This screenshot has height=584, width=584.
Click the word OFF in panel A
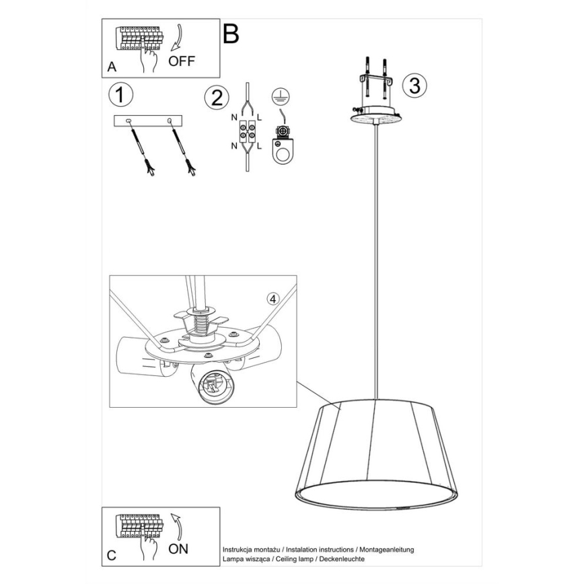click(x=182, y=61)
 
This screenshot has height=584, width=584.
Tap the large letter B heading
click(x=231, y=33)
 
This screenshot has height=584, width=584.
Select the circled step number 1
click(x=120, y=95)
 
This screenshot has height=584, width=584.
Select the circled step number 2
click(x=216, y=98)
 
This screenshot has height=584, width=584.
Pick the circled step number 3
click(x=414, y=85)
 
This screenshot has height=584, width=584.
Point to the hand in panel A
click(x=147, y=59)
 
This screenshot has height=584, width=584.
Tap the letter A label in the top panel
click(x=111, y=68)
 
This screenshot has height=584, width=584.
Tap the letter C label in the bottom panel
click(x=112, y=556)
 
